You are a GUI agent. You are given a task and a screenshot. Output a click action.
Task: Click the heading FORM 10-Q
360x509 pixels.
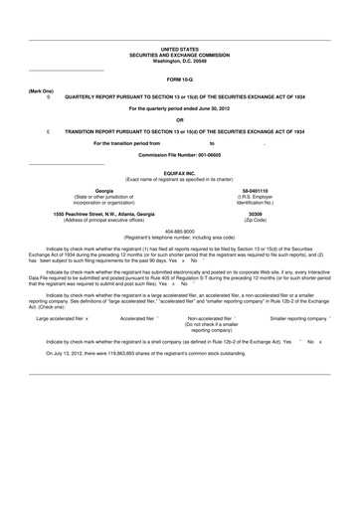click(180, 79)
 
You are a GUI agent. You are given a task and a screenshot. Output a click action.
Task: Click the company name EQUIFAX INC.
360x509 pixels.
click(180, 170)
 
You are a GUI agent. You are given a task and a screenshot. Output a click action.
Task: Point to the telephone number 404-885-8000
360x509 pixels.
click(179, 232)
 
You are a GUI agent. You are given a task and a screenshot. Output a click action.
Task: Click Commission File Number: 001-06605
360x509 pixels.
click(180, 154)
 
